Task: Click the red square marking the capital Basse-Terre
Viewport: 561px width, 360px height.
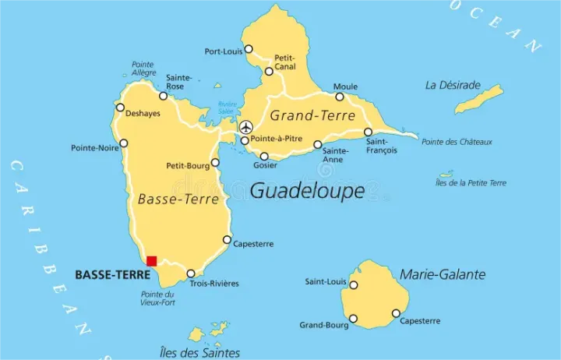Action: coord(152,261)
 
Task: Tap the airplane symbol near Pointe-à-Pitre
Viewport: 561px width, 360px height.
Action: coord(246,127)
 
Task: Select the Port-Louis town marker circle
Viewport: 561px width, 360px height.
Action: coord(249,49)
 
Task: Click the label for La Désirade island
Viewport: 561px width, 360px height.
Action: coord(451,84)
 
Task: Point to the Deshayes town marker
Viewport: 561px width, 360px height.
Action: coord(120,108)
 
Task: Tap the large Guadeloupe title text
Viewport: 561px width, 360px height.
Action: coord(307,191)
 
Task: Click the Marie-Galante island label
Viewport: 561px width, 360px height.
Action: coord(442,274)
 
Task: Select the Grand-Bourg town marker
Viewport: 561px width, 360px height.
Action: coord(353,319)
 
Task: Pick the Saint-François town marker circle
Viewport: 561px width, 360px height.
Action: coord(368,132)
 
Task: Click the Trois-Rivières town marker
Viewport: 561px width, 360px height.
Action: coord(191,274)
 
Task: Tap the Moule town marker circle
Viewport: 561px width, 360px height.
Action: coord(340,97)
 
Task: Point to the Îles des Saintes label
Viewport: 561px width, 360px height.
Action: coord(199,352)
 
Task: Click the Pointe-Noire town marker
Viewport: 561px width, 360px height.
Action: coord(124,143)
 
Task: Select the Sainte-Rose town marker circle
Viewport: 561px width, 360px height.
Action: coord(164,96)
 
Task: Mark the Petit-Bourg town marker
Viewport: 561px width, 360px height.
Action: coord(215,163)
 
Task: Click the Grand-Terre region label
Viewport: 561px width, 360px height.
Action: coord(307,115)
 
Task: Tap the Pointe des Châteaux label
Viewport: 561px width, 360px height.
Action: coord(457,142)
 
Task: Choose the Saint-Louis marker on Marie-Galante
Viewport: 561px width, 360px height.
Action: coord(353,284)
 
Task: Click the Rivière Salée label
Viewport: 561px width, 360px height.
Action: coord(228,108)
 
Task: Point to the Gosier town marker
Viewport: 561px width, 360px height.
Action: coord(264,156)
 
